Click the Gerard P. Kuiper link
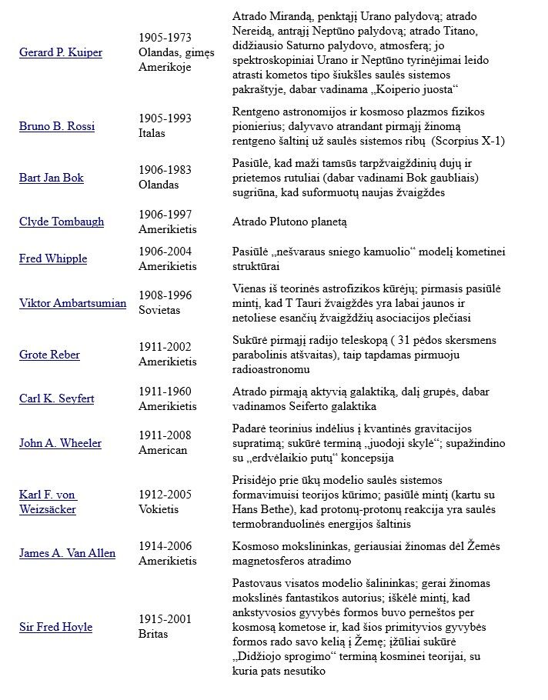[x=61, y=52]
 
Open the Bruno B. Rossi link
[x=57, y=125]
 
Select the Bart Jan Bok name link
[x=52, y=178]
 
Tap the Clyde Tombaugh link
[x=62, y=222]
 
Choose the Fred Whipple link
[x=53, y=258]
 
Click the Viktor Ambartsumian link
[x=72, y=302]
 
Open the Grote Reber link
[x=49, y=355]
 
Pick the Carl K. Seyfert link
[x=58, y=398]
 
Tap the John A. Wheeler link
[x=60, y=443]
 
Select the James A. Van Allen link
[x=67, y=553]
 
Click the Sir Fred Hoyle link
[x=55, y=627]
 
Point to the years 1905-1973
[x=165, y=38]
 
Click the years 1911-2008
[x=165, y=435]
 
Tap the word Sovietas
[x=159, y=310]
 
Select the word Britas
[x=153, y=635]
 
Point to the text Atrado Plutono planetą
[x=289, y=222]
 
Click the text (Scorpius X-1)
[x=469, y=140]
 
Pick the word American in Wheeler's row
[x=162, y=450]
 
